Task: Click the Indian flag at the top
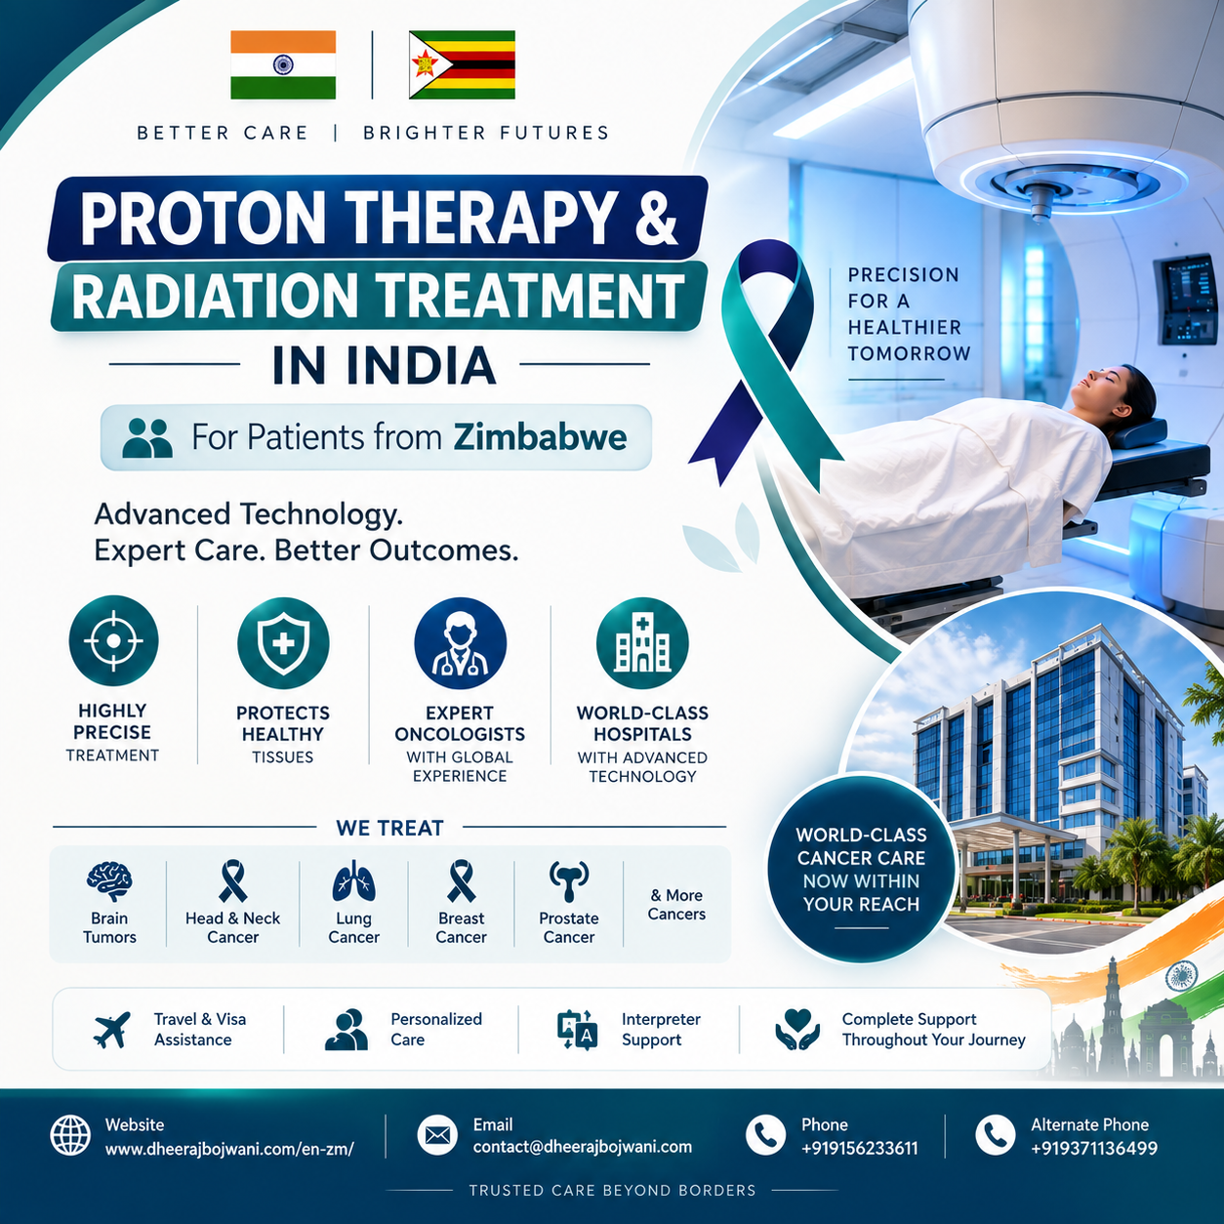tap(283, 64)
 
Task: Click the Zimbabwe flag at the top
tap(462, 64)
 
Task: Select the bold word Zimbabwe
tap(540, 437)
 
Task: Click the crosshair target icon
tap(113, 641)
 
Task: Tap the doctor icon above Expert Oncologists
tap(460, 643)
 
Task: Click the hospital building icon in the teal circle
tap(642, 643)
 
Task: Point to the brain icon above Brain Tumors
tap(109, 881)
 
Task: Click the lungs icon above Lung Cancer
tap(353, 881)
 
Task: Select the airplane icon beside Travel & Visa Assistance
tap(112, 1030)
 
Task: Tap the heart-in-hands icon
tap(797, 1029)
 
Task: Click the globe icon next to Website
tap(70, 1135)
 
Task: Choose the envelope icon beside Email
tap(437, 1135)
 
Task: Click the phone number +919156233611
tap(859, 1149)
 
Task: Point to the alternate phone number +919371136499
tap(1094, 1149)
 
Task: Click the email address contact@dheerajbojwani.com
tap(583, 1147)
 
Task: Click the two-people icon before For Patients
tap(147, 438)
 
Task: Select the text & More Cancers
tap(676, 905)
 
